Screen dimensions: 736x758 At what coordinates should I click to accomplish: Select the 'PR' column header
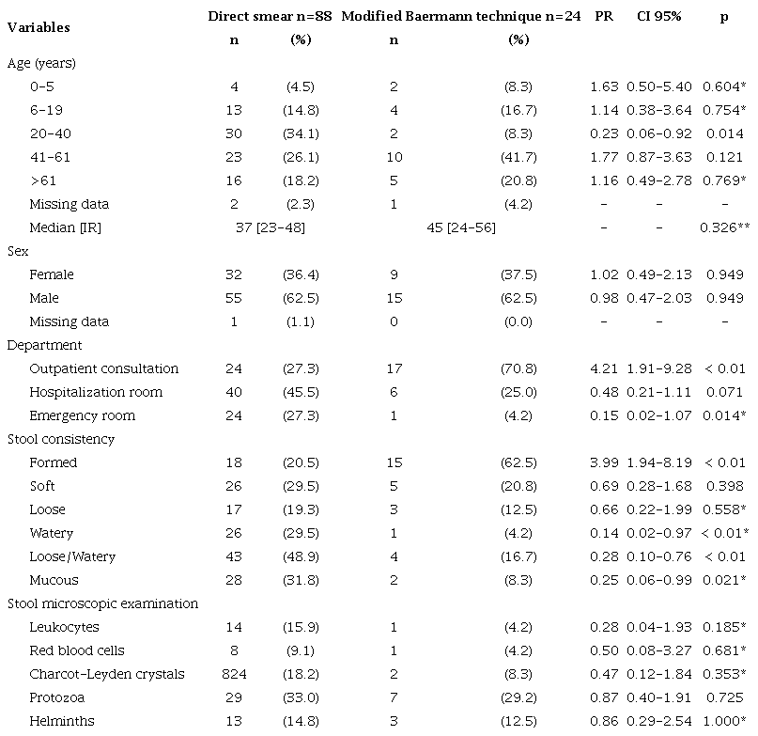pyautogui.click(x=604, y=17)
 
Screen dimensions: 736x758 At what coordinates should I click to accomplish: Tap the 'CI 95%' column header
pyautogui.click(x=658, y=17)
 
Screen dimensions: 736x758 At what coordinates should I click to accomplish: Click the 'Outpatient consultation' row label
pyautogui.click(x=103, y=368)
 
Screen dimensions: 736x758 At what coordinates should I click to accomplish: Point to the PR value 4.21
pyautogui.click(x=604, y=368)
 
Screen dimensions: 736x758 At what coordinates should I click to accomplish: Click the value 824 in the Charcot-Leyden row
pyautogui.click(x=234, y=674)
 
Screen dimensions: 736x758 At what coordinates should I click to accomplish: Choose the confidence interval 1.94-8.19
pyautogui.click(x=658, y=462)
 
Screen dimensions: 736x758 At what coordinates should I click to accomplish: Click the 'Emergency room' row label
pyautogui.click(x=83, y=415)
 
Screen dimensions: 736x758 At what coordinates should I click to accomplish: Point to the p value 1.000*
pyautogui.click(x=724, y=721)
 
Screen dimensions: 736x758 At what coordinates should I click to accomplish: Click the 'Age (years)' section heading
pyautogui.click(x=41, y=63)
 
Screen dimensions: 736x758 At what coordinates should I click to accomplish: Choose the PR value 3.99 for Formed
pyautogui.click(x=604, y=462)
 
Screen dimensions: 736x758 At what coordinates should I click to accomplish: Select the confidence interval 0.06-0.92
pyautogui.click(x=658, y=133)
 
